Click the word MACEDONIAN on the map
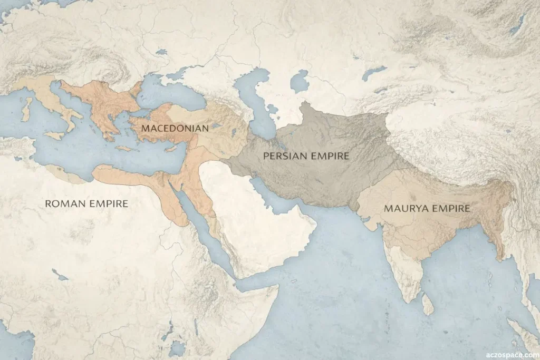[x=175, y=128]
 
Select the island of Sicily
[x=54, y=135]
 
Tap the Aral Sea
[x=299, y=82]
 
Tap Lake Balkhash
[x=373, y=73]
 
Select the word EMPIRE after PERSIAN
[x=330, y=156]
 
